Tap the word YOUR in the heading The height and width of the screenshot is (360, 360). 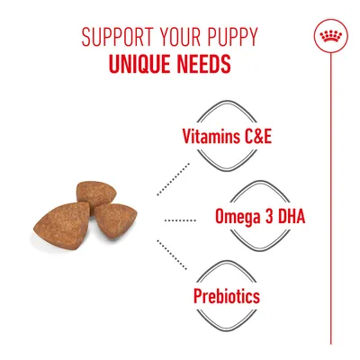coord(168,40)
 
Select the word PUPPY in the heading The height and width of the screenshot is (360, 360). coord(226,40)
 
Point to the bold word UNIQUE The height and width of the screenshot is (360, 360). coord(141,66)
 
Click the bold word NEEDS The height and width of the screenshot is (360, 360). coord(202,66)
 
